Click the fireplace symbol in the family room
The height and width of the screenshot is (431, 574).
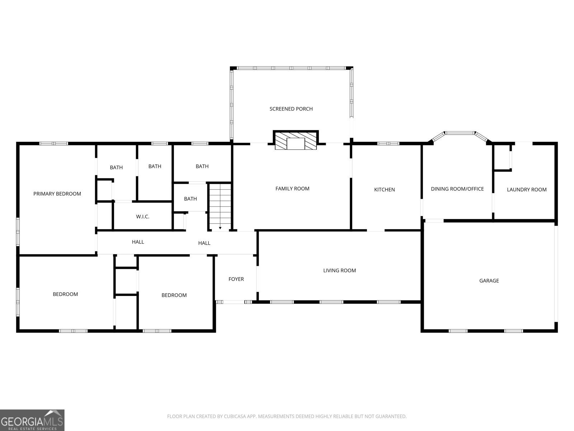pos(296,140)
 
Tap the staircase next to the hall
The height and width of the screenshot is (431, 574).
pos(220,207)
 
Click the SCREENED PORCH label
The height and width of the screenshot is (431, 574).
pos(291,109)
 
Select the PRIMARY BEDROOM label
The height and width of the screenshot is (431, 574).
pos(57,194)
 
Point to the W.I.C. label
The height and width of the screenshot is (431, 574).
pos(142,217)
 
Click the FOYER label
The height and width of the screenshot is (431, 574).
pos(236,279)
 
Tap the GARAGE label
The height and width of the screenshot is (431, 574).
pos(489,281)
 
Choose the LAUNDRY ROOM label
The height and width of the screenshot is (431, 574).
pos(526,190)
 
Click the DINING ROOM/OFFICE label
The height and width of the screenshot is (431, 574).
pos(457,189)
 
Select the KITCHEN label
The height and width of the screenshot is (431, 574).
pos(384,190)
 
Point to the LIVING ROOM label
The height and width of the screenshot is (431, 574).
pos(339,270)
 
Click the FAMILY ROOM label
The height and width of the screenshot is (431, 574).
pos(292,189)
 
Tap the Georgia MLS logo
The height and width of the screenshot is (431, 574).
pos(32,420)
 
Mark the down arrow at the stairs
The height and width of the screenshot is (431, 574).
pos(220,228)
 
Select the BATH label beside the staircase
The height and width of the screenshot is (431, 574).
pos(190,199)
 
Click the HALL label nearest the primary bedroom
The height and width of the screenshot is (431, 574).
pos(138,242)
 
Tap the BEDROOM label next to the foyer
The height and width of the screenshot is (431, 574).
pos(174,295)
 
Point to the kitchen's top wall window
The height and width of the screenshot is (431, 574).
pos(388,144)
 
